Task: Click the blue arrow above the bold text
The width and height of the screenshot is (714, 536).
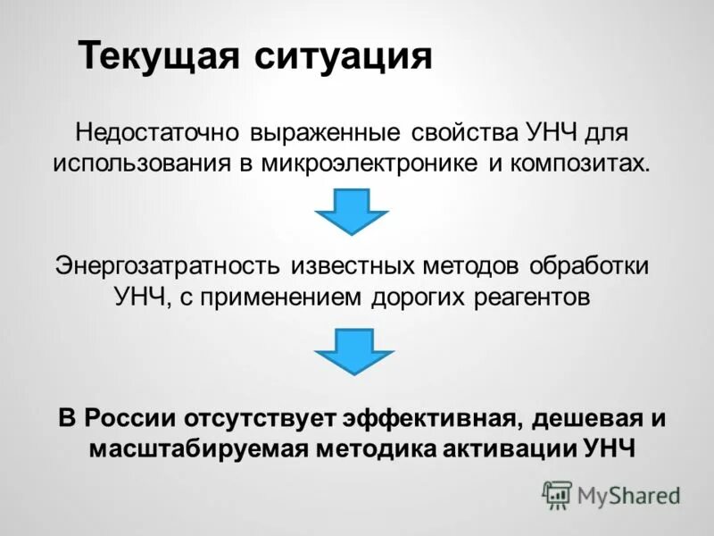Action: pos(353,350)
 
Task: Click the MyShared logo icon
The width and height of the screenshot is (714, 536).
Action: pos(558,494)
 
